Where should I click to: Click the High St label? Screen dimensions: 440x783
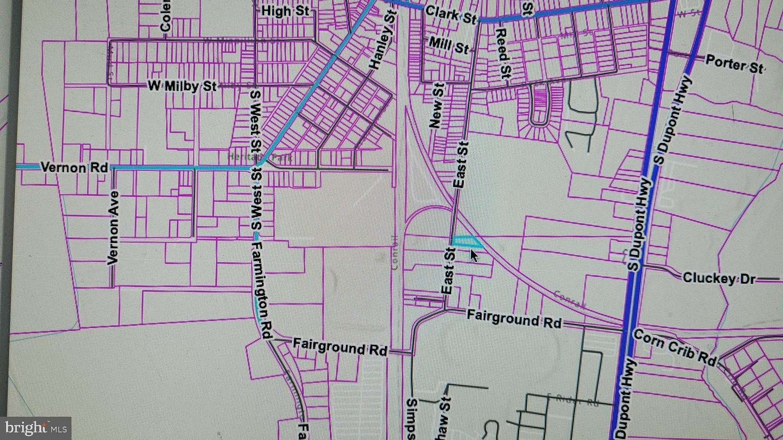[285, 11]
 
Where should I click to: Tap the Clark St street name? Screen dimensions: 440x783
[451, 15]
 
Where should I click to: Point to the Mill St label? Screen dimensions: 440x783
[448, 45]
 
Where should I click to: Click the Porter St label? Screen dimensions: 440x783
[734, 64]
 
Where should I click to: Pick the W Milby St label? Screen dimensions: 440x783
[182, 86]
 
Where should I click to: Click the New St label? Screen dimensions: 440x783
[437, 106]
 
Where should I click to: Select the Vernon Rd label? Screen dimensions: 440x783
[75, 167]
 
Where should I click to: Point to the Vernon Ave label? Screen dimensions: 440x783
[113, 228]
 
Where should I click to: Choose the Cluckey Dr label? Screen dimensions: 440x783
[719, 278]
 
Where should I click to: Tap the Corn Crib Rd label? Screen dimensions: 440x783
[674, 347]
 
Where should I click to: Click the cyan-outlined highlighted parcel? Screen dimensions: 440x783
[467, 241]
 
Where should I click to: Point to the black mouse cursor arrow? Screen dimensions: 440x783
[474, 256]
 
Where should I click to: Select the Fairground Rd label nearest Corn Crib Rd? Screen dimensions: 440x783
[514, 319]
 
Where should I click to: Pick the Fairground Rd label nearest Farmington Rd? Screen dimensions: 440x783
[340, 347]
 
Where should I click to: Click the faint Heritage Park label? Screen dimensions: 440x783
[261, 157]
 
